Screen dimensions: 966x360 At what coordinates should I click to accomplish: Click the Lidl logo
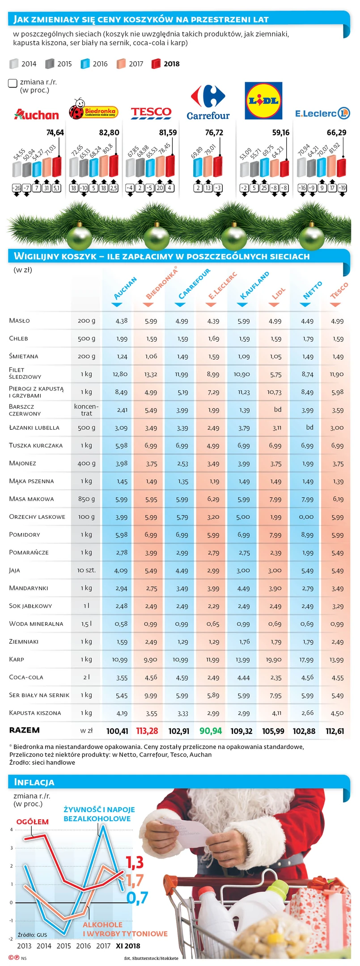pos(263,101)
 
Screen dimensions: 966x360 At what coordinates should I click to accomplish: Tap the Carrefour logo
pos(208,103)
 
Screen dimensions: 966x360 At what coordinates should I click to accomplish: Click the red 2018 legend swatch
pos(156,64)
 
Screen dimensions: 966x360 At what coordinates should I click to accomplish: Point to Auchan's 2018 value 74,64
pos(55,133)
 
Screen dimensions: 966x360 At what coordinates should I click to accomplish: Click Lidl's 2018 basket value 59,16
pos(281,133)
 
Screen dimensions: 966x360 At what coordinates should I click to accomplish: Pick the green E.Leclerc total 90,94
pos(211,731)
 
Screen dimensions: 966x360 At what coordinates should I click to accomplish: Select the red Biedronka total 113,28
pos(147,731)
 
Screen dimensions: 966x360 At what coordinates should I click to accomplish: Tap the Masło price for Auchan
pos(121,321)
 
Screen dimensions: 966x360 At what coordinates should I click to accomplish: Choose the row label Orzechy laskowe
pos(37,517)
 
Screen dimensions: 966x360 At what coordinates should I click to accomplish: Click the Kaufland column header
pos(254,285)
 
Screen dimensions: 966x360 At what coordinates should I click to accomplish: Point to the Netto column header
pos(312,290)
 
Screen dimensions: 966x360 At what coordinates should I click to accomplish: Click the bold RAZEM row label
pos(25,730)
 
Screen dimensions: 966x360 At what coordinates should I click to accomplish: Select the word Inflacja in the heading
pos(34,782)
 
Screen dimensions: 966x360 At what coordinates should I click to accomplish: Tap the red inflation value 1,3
pos(134,862)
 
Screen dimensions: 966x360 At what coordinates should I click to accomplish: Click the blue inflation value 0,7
pos(137,898)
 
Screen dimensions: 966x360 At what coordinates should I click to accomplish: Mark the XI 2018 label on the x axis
pos(128,946)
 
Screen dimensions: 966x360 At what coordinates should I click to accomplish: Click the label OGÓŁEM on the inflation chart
pos(33,822)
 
